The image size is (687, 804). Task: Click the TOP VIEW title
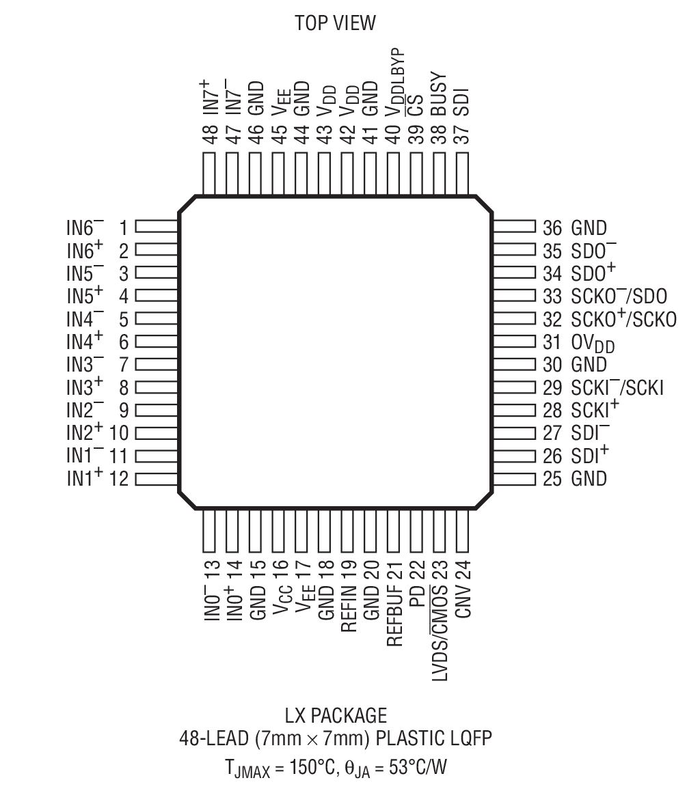[335, 23]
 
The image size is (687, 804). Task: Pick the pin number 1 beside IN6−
[124, 227]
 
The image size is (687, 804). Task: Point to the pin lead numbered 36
[513, 227]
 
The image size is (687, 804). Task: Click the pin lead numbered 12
[157, 478]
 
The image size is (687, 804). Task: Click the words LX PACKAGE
[335, 715]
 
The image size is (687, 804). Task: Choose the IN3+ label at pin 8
[85, 387]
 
